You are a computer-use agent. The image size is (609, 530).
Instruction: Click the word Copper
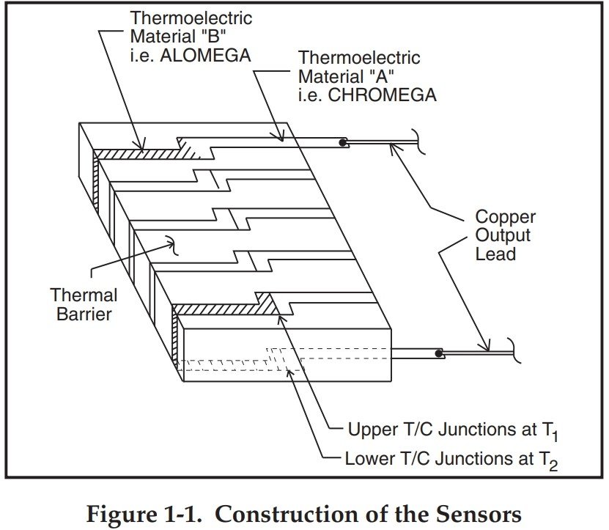tap(505, 218)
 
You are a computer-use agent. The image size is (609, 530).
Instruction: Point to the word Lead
tap(495, 254)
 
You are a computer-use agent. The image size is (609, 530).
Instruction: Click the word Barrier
tap(85, 315)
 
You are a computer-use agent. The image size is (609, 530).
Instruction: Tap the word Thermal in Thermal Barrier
tap(84, 296)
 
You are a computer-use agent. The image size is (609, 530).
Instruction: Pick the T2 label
tap(555, 461)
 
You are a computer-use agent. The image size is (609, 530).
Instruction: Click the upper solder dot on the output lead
tap(342, 141)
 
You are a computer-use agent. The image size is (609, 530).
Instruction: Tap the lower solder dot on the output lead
tap(438, 354)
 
